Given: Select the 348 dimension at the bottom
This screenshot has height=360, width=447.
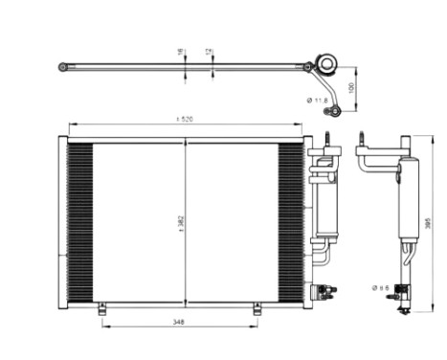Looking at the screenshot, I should point(180,322).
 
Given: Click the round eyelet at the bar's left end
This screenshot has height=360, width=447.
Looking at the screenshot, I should point(63,67).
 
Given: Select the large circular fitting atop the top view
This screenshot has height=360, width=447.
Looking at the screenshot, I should point(325,66).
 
